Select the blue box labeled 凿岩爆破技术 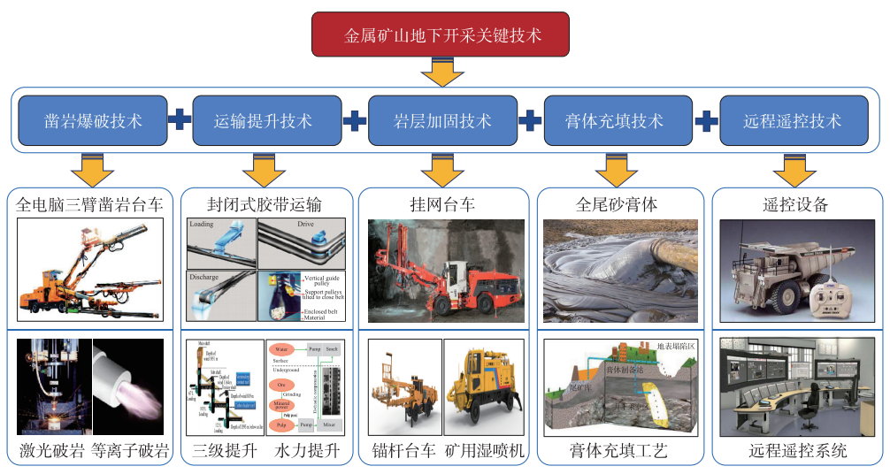93,121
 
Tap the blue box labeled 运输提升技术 264,121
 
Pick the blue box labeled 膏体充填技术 614,121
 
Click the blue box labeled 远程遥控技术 792,121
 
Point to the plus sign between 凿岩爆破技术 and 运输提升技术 180,120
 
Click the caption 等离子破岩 131,451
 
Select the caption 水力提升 307,451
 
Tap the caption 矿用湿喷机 486,451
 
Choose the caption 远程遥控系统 795,451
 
